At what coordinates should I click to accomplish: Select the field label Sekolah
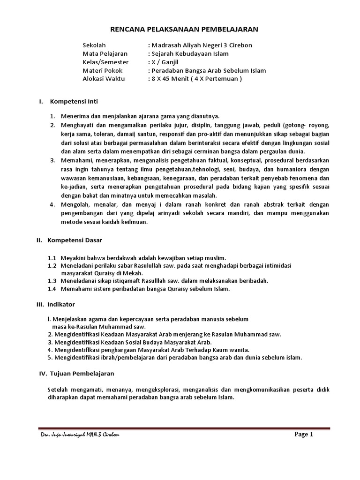(94, 45)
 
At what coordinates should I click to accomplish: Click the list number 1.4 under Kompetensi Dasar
(52, 289)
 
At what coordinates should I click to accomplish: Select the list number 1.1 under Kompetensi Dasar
(52, 258)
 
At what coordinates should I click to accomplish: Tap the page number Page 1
(303, 434)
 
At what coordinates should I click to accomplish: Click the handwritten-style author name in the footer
(80, 435)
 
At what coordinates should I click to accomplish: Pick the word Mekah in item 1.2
(133, 273)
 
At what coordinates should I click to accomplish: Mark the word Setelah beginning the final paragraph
(58, 390)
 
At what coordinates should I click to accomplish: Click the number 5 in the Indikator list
(50, 357)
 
